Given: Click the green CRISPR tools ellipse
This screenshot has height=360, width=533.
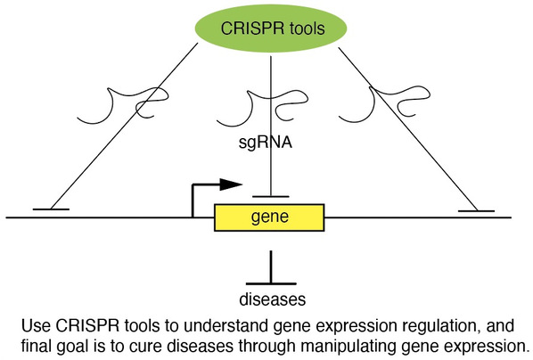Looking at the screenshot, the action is pos(271,28).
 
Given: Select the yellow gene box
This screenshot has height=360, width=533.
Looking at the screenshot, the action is pos(269,217).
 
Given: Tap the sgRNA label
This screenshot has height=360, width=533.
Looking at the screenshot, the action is pos(265,143).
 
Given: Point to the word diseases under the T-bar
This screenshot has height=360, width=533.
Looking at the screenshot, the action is pos(272,299).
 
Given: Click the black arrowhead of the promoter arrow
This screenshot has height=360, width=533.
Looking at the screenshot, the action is pos(231,184).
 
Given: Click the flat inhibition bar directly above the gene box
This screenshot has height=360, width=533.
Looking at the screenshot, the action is pos(271,197).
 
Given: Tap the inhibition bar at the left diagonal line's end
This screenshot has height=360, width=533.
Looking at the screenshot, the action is pos(51,209).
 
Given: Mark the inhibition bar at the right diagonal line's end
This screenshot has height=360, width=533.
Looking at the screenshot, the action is pos(476,211).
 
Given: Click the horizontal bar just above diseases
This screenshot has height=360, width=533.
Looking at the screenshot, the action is pos(271,283).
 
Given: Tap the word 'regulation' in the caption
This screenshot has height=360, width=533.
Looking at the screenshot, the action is pos(441,327).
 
